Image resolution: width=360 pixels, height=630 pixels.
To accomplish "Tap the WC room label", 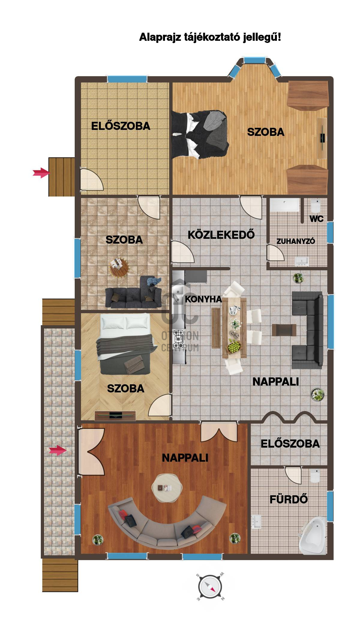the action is [316, 219].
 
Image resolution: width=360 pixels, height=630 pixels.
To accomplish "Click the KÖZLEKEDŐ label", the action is [221, 234].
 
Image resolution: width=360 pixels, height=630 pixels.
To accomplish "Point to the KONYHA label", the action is [203, 299].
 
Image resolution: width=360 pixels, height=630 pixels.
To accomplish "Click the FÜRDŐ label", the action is [289, 499].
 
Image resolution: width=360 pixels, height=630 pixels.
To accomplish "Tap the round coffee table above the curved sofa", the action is [167, 488].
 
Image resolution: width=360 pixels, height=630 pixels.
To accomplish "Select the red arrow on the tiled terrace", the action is [58, 450].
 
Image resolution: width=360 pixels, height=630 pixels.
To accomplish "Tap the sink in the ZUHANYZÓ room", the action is [302, 261].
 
